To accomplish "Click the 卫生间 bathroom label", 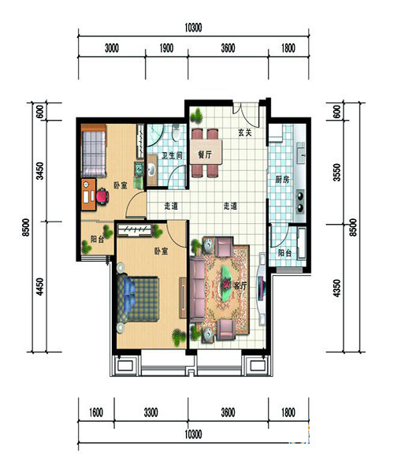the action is tap(172, 155).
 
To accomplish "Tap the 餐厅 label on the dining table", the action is tap(205, 155).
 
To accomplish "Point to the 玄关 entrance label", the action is tap(245, 132).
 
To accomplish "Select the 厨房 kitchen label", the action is tap(282, 180).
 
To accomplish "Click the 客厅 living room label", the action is tap(240, 285).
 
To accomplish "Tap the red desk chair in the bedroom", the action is tap(102, 196).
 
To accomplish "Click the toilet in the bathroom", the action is tap(176, 132).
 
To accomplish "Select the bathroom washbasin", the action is tap(151, 169).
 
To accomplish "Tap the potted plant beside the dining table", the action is tap(198, 117).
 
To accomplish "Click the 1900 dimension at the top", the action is tap(166, 48).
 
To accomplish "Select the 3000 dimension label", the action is tap(112, 48).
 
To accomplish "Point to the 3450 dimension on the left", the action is tap(39, 171).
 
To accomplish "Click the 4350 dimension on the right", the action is tap(336, 289).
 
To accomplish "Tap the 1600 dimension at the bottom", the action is tap(96, 412).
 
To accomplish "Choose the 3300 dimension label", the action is tap(151, 412).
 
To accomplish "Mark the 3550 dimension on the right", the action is tap(336, 172).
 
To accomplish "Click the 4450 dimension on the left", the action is tap(39, 287).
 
